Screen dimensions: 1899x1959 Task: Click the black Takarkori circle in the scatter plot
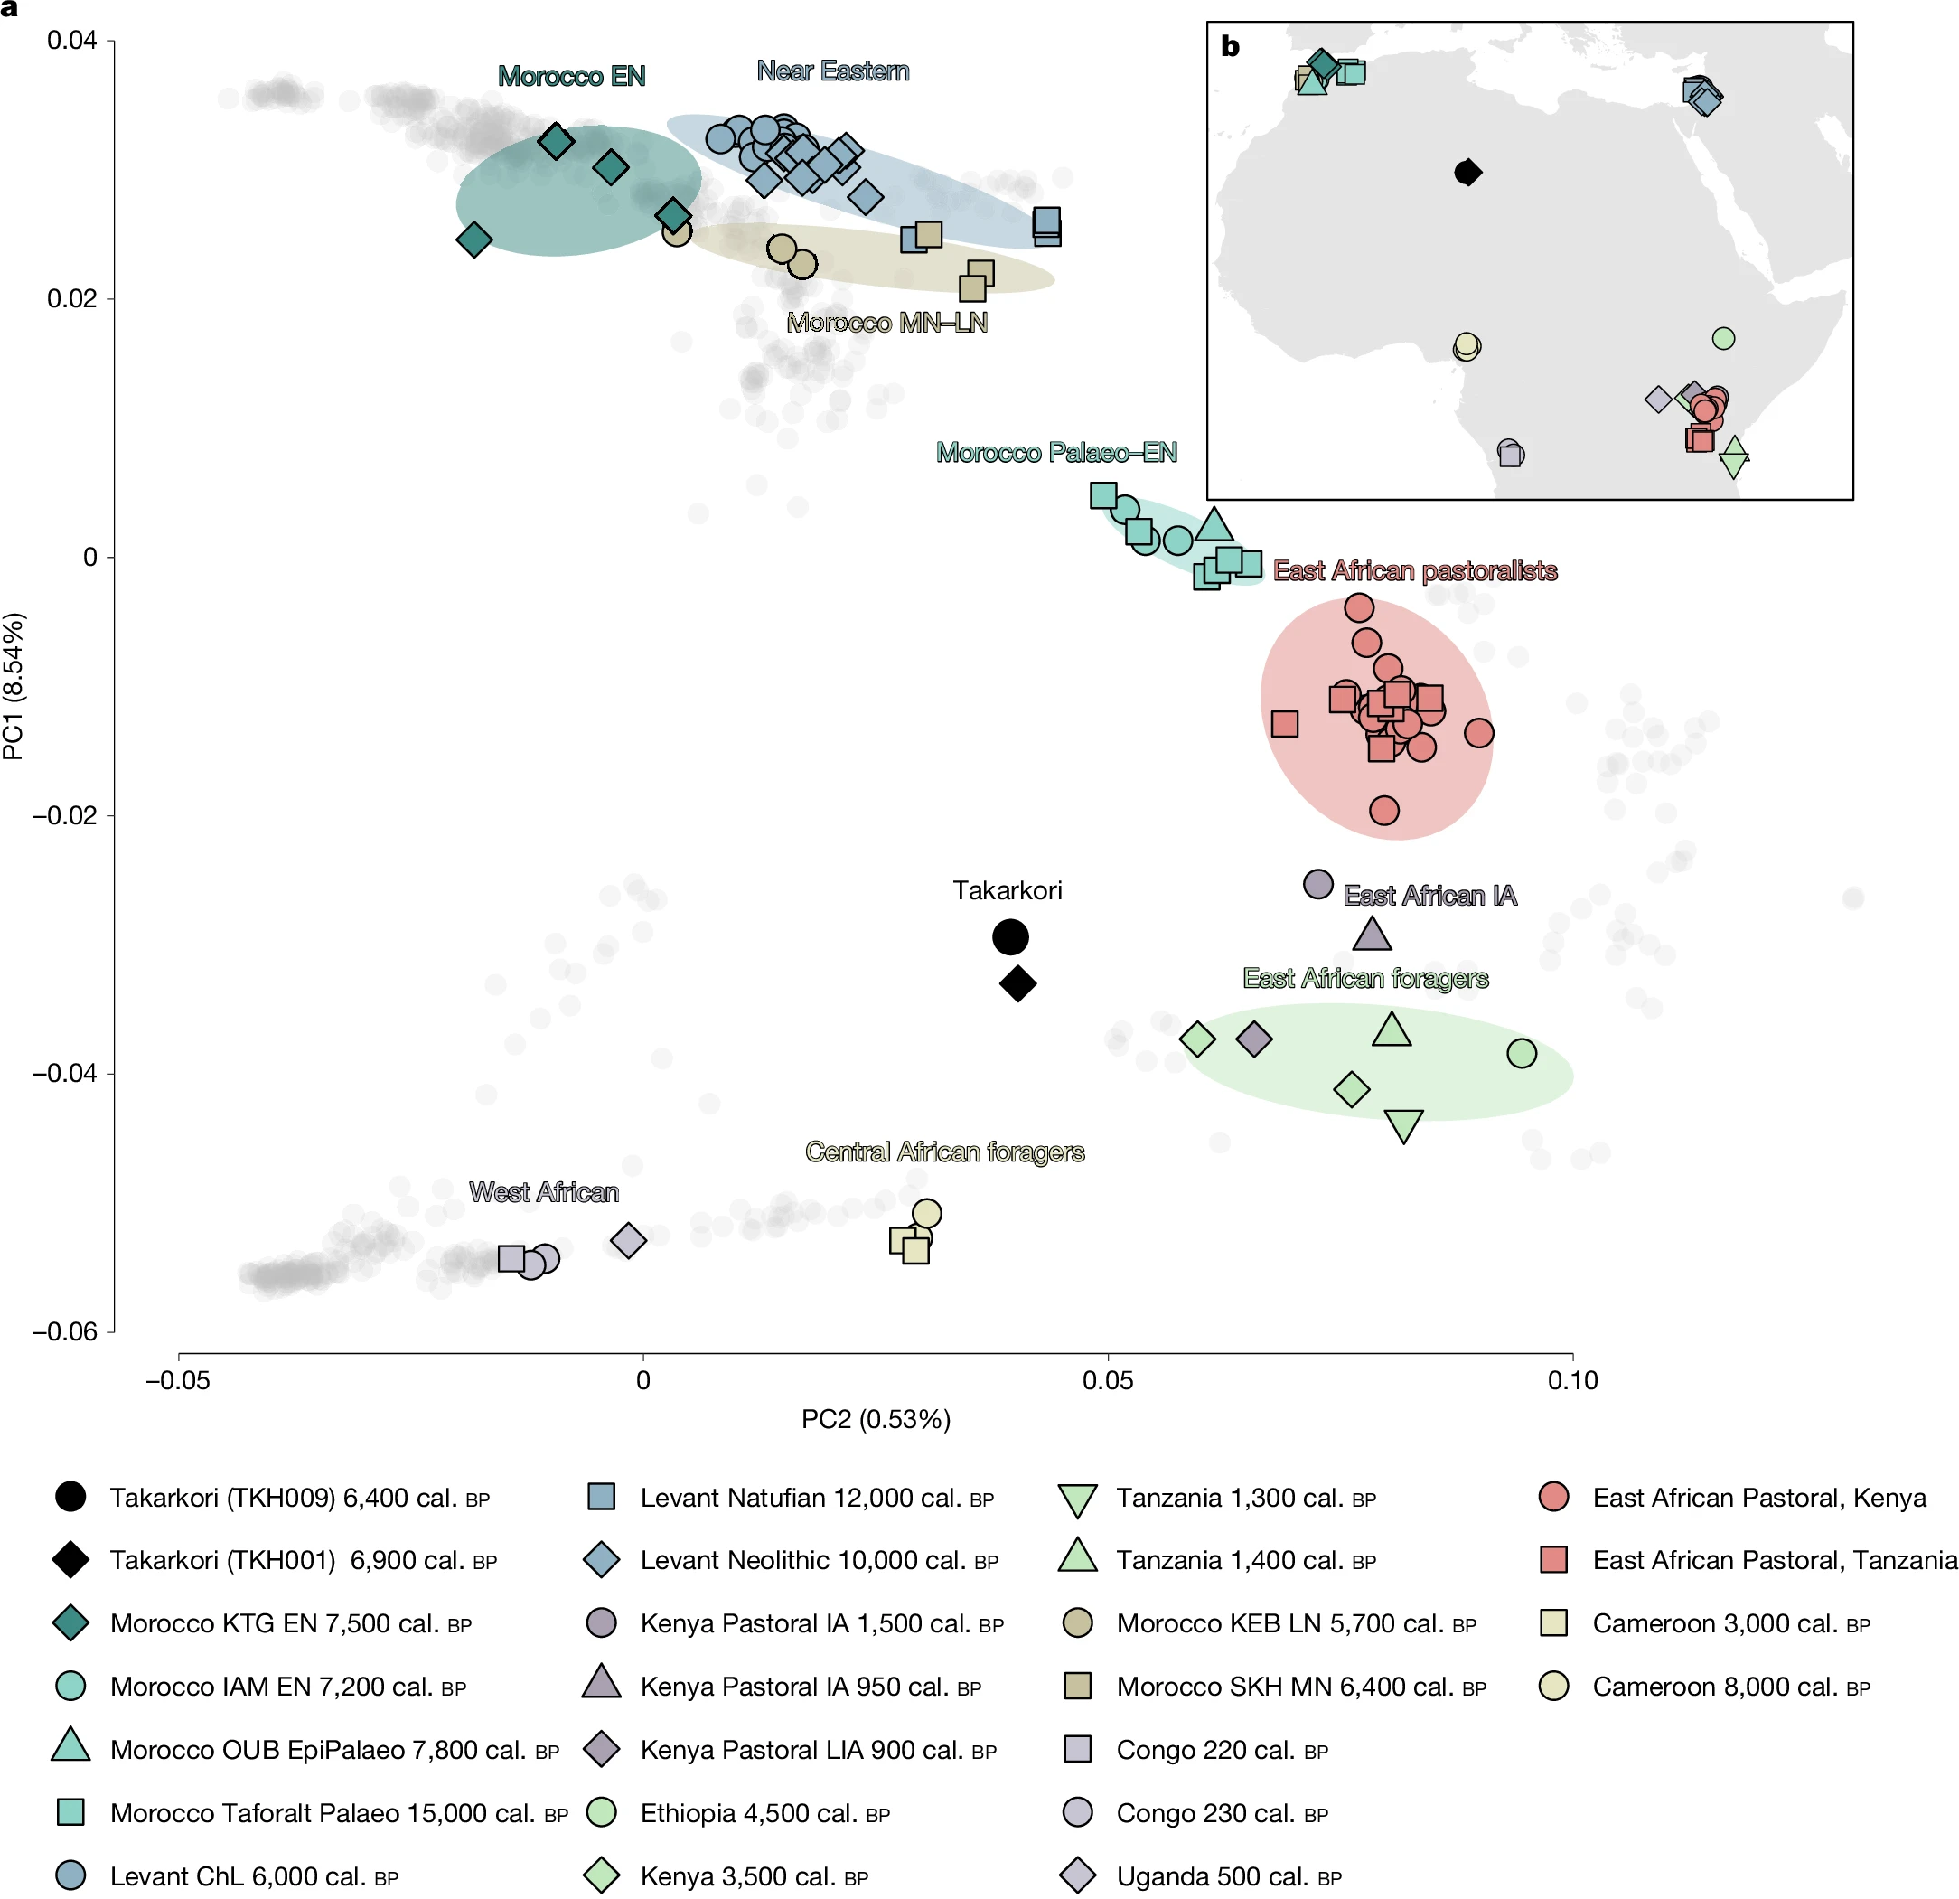1009,937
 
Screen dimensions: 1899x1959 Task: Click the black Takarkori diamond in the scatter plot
1017,984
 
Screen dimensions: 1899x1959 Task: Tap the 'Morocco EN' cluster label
572,76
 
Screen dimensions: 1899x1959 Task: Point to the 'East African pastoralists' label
1414,571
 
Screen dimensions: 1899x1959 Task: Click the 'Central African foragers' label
944,1152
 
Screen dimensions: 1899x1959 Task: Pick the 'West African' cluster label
544,1192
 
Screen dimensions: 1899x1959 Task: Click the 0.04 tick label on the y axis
72,41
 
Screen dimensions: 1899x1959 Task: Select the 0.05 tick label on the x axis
1108,1381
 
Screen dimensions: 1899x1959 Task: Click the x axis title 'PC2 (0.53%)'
876,1420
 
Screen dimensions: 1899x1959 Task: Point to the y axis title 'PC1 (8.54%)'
14,686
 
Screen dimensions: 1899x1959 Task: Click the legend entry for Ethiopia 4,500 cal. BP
764,1814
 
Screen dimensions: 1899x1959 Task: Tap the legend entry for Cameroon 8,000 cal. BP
1730,1687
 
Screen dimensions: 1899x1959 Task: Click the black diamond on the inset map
1467,172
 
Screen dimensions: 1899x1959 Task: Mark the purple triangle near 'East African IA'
1372,935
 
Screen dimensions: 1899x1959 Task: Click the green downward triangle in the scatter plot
1403,1125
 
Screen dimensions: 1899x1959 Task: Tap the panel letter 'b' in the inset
1231,46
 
